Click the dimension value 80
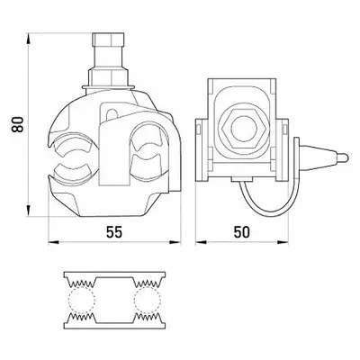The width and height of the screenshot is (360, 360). coord(18,124)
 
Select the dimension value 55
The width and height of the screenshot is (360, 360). coord(114,232)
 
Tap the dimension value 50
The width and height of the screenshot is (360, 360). coord(241,232)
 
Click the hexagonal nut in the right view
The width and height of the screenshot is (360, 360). coord(241,128)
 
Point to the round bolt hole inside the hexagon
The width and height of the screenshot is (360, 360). coord(241,128)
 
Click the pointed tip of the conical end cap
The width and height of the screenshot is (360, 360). coord(348,157)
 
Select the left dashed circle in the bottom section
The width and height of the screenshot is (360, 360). coord(82,299)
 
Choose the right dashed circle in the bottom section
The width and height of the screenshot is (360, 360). coord(148,299)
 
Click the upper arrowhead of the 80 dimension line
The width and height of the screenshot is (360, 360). coord(28,38)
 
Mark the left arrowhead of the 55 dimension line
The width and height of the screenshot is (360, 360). coord(52,243)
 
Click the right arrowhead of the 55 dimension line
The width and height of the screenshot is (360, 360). coord(175,243)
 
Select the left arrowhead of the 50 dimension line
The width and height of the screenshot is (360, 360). coord(200,243)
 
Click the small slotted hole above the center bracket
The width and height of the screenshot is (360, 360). coord(112,114)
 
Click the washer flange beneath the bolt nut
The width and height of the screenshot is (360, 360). coord(108,87)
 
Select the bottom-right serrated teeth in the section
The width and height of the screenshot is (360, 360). coord(148,316)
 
